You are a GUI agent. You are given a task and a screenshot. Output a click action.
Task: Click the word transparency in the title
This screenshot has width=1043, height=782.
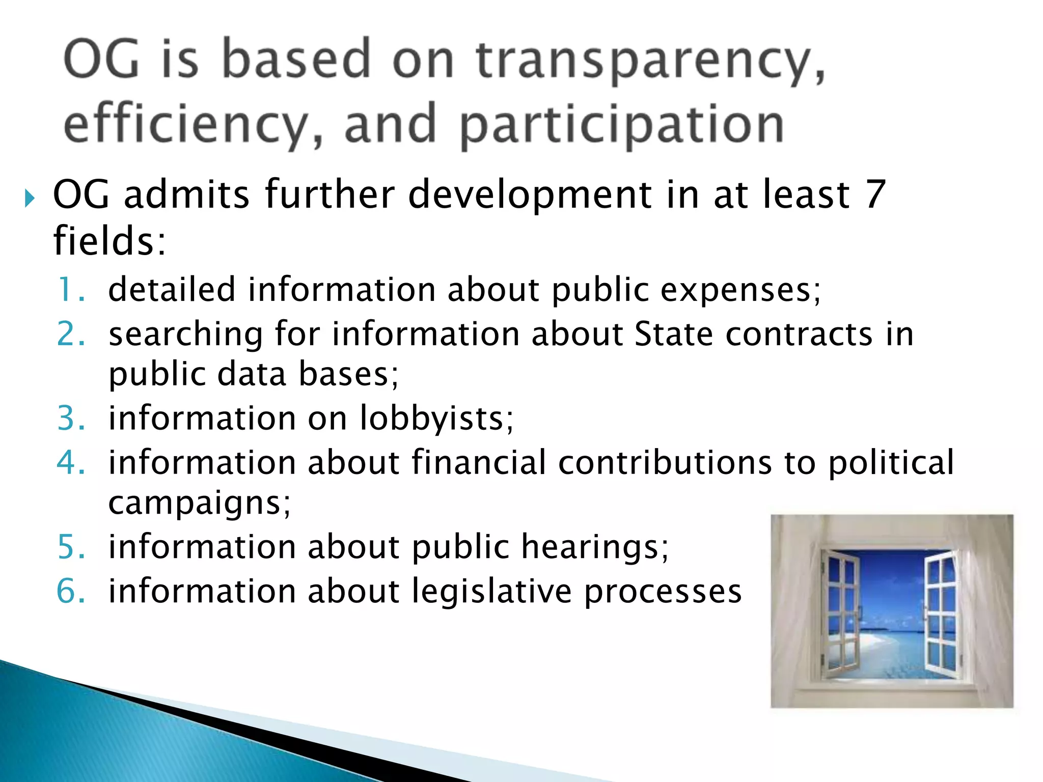coord(649,61)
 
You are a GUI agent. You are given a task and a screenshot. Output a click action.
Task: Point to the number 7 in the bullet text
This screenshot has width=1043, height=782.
coord(875,194)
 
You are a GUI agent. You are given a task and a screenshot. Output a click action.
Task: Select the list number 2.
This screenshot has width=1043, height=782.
coord(70,334)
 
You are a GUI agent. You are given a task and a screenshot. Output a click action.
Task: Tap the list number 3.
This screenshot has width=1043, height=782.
coord(70,418)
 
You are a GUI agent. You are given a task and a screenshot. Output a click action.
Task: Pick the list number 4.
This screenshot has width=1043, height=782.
coord(70,463)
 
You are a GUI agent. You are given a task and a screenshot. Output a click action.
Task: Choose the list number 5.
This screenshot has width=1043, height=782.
coord(70,547)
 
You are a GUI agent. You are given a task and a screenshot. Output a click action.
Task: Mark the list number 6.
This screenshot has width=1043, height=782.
coord(70,591)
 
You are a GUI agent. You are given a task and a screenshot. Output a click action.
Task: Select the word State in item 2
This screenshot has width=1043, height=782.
coord(673,334)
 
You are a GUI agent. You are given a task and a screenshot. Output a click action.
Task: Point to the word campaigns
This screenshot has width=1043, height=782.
coord(199,504)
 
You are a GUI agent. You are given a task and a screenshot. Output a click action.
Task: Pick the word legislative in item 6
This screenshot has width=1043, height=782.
coord(491,591)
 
